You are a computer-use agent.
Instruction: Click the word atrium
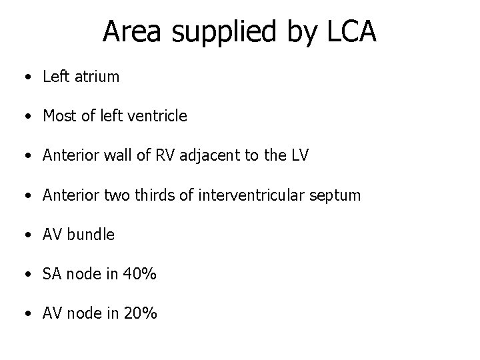click(97, 77)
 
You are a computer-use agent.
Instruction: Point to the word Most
click(59, 116)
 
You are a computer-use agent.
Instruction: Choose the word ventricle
click(155, 116)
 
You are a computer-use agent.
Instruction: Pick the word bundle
click(91, 235)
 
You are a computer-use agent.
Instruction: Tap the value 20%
click(139, 313)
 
